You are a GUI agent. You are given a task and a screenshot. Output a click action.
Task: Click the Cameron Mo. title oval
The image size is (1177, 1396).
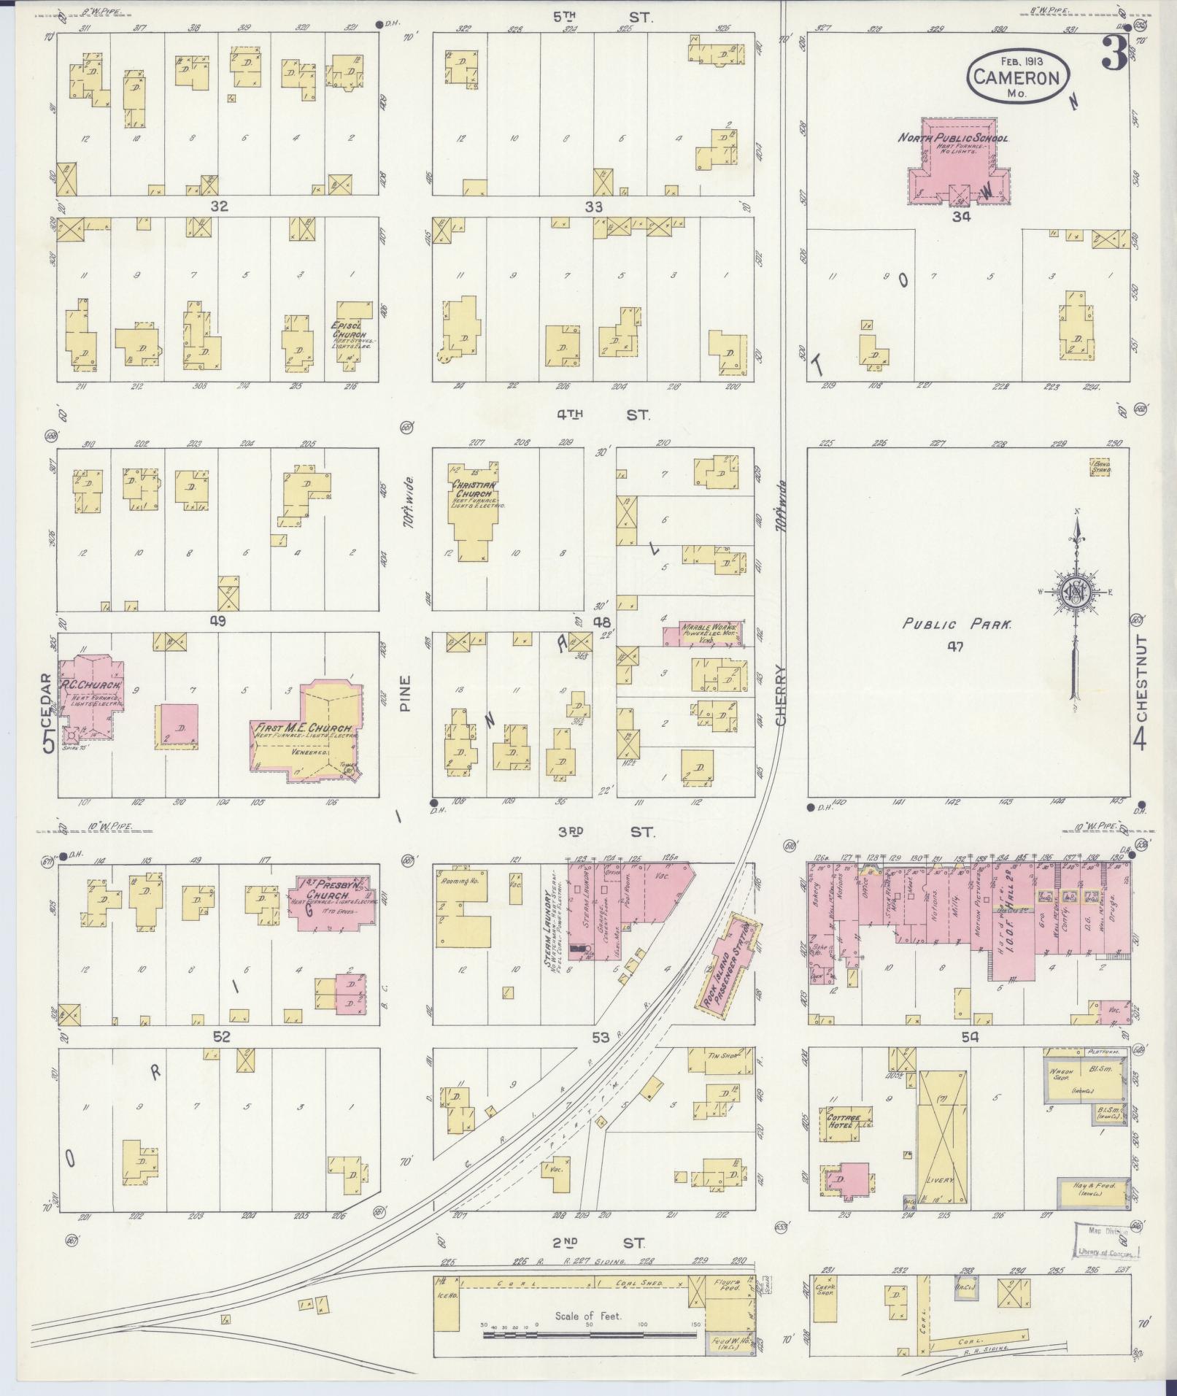click(x=1019, y=78)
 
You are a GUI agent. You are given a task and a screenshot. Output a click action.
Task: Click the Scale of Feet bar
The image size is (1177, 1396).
click(x=588, y=1335)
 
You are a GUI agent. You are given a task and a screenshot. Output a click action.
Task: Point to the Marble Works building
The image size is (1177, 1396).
click(x=701, y=632)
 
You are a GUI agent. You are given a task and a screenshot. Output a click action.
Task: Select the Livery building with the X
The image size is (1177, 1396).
click(x=944, y=1138)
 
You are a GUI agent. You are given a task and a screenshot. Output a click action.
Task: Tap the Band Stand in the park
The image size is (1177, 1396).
click(x=1100, y=466)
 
